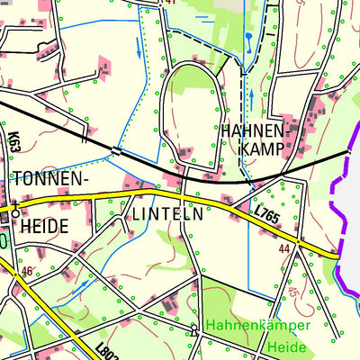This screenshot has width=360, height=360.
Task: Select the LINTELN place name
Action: (x=167, y=214)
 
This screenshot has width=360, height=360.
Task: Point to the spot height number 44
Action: (x=284, y=247)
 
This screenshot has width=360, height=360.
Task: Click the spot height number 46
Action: (x=27, y=271)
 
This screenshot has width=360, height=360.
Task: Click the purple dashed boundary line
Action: (x=339, y=216)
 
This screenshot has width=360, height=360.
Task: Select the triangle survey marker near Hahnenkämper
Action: (x=194, y=329)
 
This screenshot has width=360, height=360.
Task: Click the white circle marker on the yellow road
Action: (x=14, y=213)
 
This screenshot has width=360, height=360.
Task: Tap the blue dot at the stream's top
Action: (x=247, y=36)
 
